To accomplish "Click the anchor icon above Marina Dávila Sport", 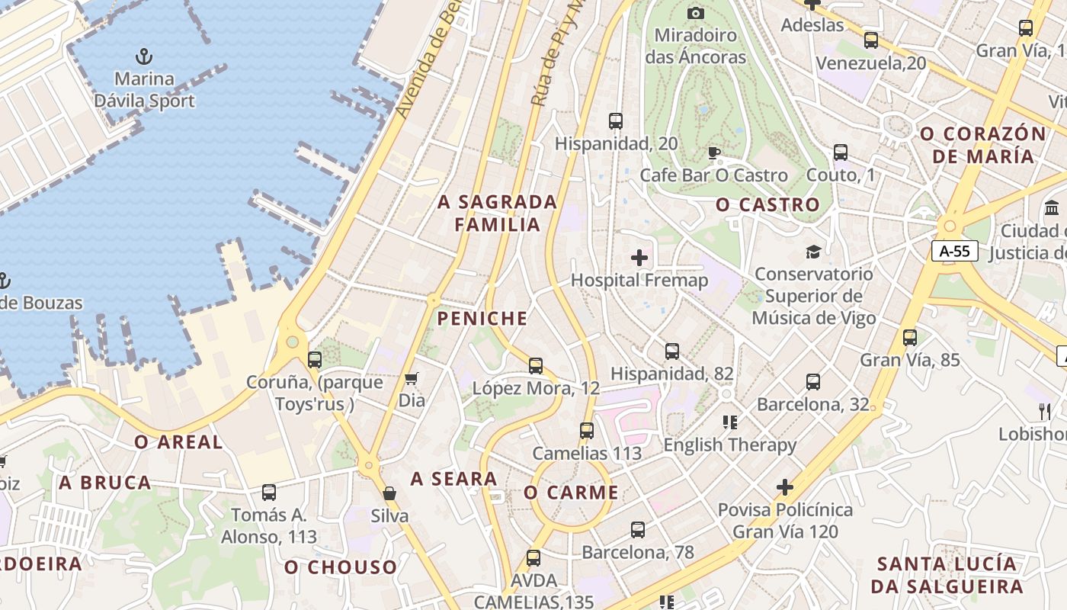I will pyautogui.click(x=143, y=56).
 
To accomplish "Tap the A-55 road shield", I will pyautogui.click(x=954, y=251).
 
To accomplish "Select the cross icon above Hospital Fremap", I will pyautogui.click(x=639, y=258).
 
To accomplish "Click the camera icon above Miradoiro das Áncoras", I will pyautogui.click(x=695, y=12).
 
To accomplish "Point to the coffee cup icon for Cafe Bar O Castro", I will pyautogui.click(x=714, y=153).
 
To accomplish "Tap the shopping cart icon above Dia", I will pyautogui.click(x=412, y=378).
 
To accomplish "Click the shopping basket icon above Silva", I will pyautogui.click(x=389, y=493).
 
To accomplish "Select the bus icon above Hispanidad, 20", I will pyautogui.click(x=616, y=120).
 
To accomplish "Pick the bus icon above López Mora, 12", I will pyautogui.click(x=536, y=365).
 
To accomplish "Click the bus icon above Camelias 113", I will pyautogui.click(x=586, y=431).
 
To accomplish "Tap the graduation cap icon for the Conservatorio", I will pyautogui.click(x=813, y=252).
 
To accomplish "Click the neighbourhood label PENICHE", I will pyautogui.click(x=482, y=319).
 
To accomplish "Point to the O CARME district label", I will pyautogui.click(x=571, y=493).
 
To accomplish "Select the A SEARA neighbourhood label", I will pyautogui.click(x=453, y=479).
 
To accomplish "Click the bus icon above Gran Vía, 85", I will pyautogui.click(x=909, y=337).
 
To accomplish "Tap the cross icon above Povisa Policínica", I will pyautogui.click(x=785, y=486).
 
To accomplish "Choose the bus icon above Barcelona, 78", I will pyautogui.click(x=638, y=529).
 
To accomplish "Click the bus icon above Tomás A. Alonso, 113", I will pyautogui.click(x=269, y=493).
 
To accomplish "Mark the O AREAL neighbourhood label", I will pyautogui.click(x=178, y=442).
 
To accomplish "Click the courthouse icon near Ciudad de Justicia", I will pyautogui.click(x=1052, y=207).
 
